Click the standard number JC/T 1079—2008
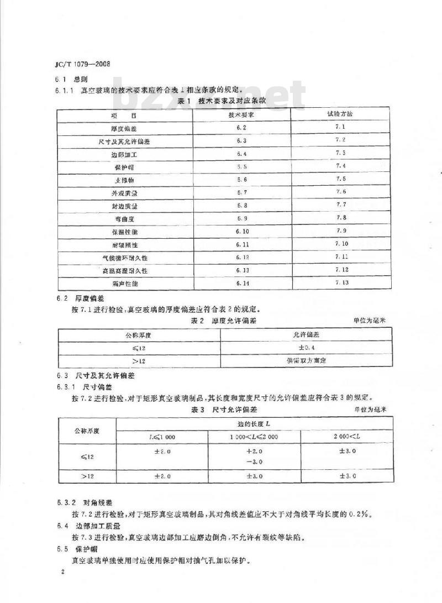pos(81,64)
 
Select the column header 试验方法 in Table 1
pos(340,114)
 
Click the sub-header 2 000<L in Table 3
pos(346,437)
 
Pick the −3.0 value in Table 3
pos(254,462)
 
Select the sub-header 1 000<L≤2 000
pos(254,437)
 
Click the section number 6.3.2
pos(66,504)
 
